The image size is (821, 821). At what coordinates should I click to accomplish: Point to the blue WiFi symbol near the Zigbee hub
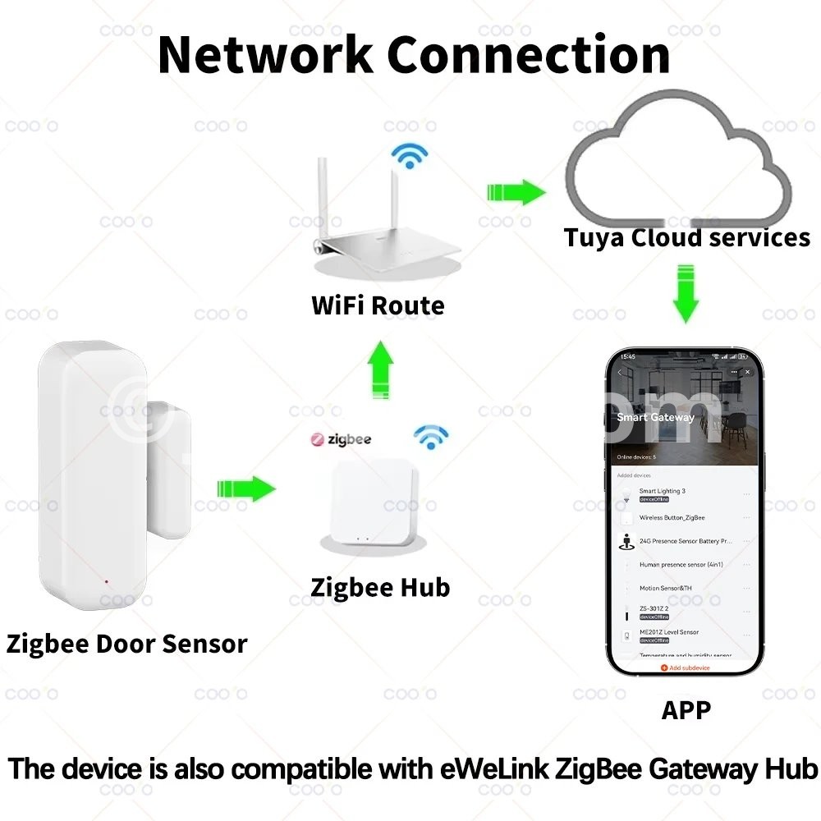430,437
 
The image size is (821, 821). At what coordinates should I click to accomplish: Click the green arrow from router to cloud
516,193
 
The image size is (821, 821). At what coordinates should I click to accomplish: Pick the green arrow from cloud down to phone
686,293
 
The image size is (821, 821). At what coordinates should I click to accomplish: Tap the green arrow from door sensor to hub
246,489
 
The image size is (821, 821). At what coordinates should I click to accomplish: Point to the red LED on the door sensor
107,582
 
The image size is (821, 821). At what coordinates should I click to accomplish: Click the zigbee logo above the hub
341,439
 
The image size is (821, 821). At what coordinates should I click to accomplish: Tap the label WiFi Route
378,305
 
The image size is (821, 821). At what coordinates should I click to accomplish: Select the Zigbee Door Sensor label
126,643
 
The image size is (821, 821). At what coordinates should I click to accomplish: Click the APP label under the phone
686,709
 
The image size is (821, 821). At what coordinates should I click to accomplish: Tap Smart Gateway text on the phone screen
655,417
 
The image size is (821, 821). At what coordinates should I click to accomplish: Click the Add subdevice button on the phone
686,668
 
